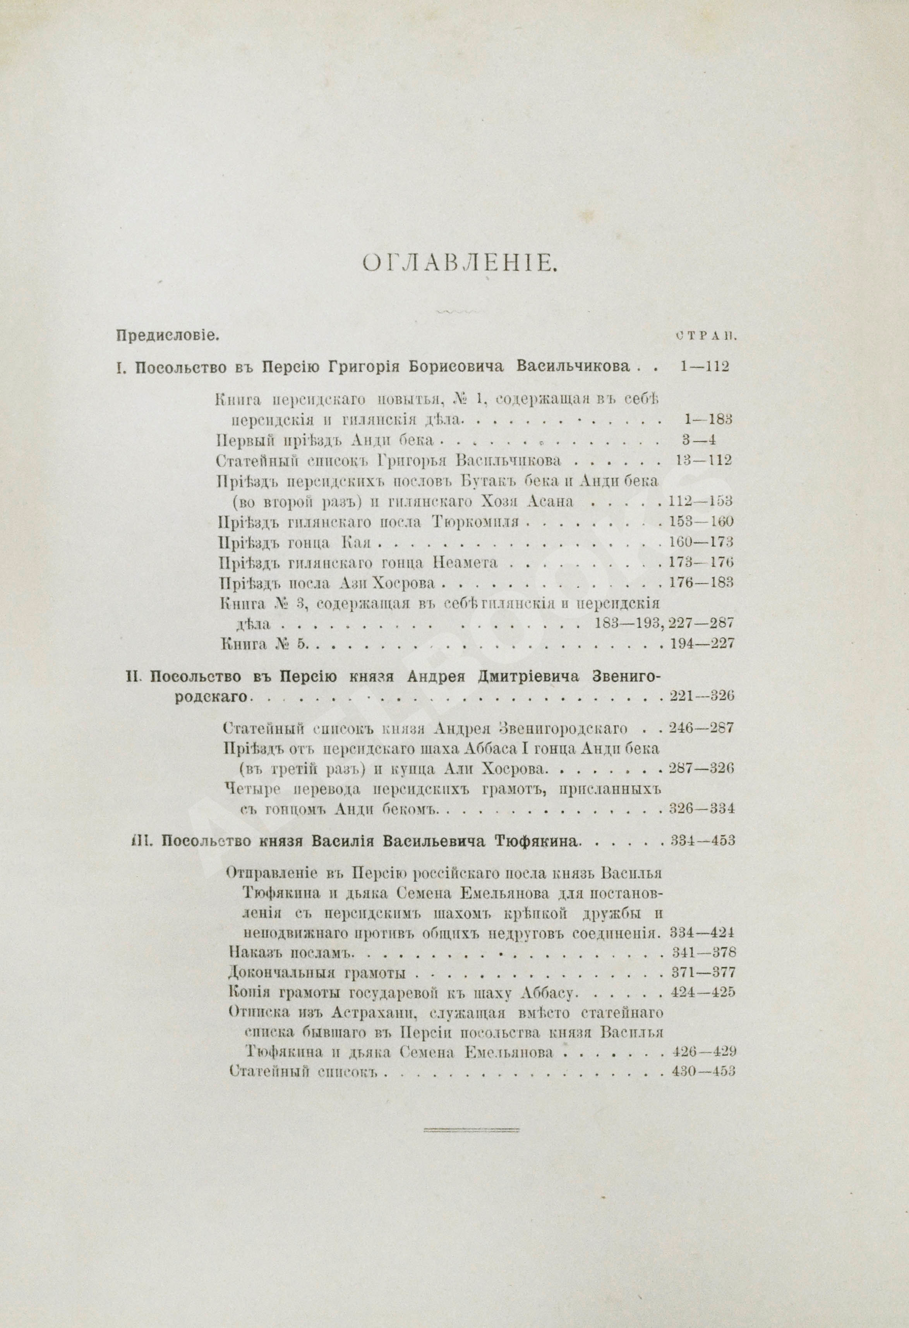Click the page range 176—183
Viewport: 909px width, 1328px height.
pyautogui.click(x=700, y=583)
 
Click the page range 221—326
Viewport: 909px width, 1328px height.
pyautogui.click(x=700, y=697)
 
